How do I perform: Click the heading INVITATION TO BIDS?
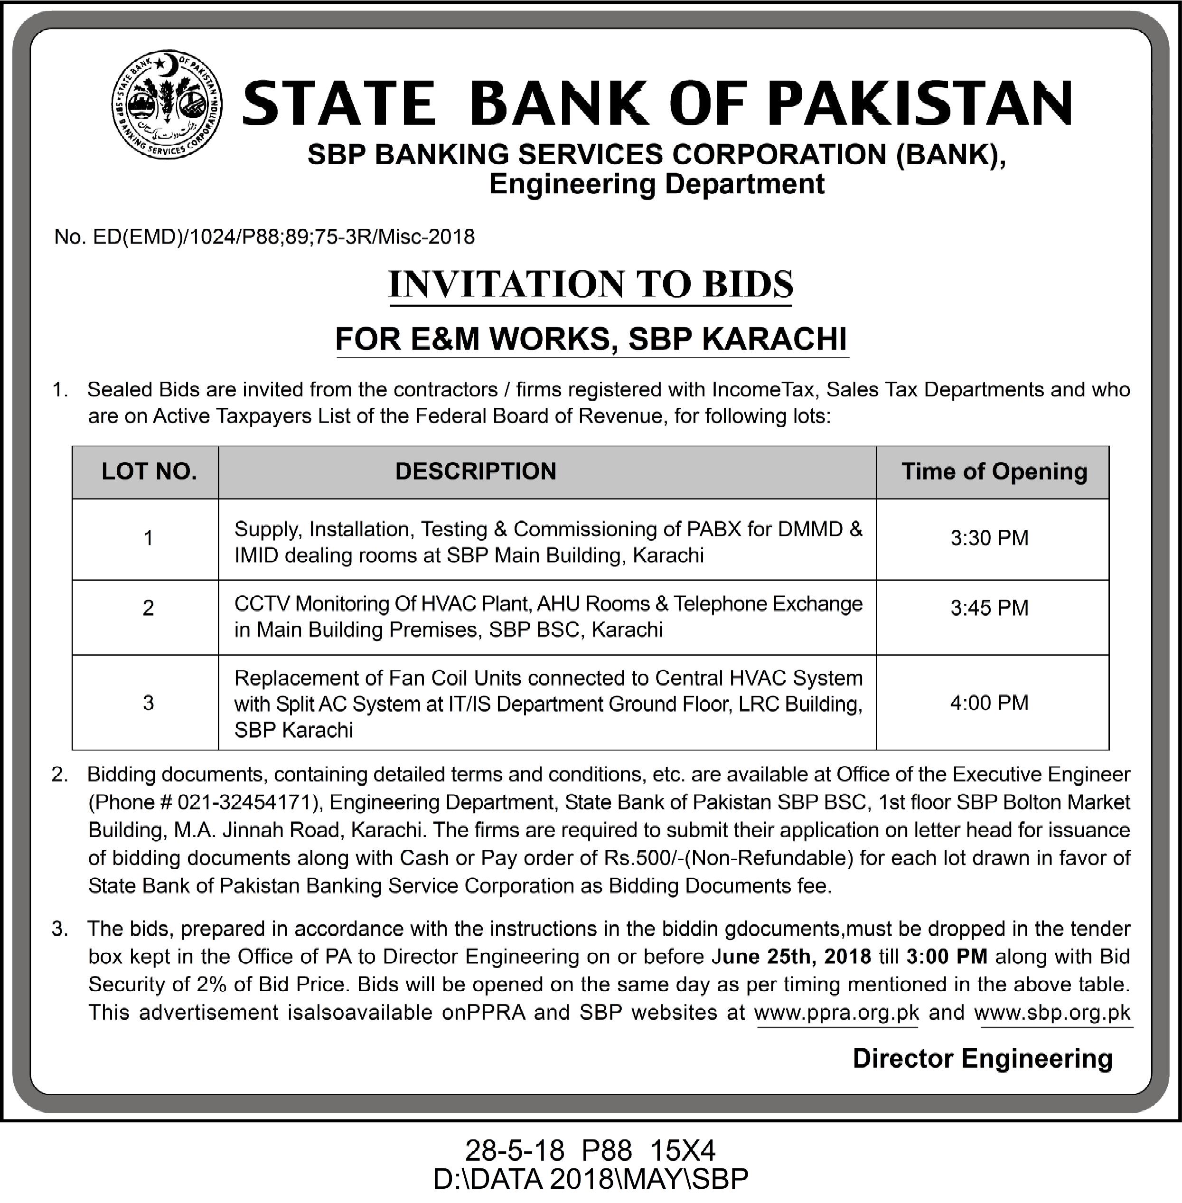point(591,285)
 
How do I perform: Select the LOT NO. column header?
point(149,472)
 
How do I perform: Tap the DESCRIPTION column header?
point(476,472)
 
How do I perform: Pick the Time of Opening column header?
point(994,472)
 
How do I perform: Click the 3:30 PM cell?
point(989,537)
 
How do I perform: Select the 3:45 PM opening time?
point(989,607)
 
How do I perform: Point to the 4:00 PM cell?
point(989,703)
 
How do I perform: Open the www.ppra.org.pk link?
point(836,1013)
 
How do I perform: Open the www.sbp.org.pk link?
point(1052,1013)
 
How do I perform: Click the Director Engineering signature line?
point(982,1058)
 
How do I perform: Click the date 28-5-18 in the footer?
point(515,1150)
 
